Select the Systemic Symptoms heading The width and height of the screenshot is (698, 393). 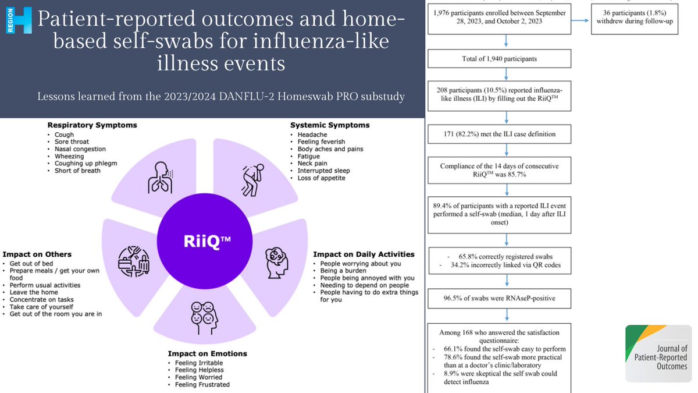330,125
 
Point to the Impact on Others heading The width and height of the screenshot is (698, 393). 37,254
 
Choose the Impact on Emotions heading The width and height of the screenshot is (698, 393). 208,353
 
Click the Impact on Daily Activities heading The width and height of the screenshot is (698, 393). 364,254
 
